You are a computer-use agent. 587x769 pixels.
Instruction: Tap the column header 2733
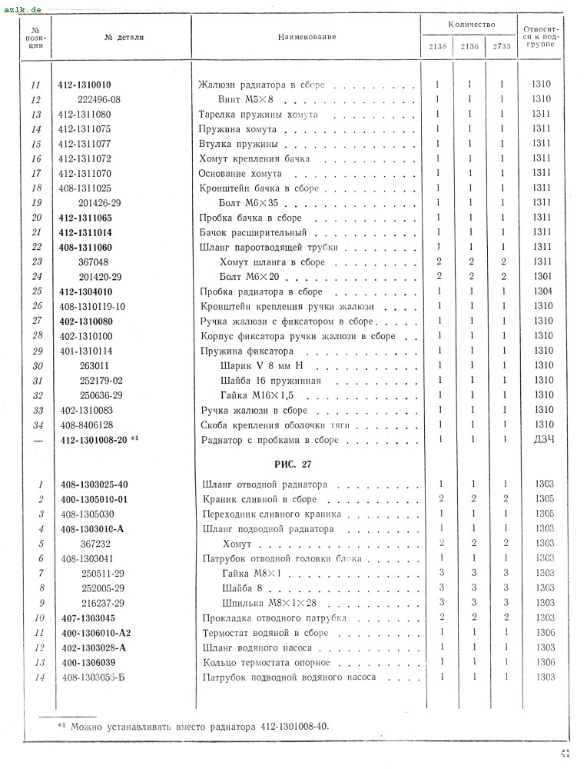click(x=501, y=47)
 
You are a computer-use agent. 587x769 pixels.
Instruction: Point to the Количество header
click(x=469, y=25)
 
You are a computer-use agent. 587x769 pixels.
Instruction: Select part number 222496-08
click(x=100, y=99)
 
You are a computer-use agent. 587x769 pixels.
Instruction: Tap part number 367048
click(x=94, y=262)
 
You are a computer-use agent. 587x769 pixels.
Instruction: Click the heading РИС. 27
click(x=293, y=464)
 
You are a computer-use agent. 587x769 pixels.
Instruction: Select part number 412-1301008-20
click(x=94, y=440)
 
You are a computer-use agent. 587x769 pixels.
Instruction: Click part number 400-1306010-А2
click(x=97, y=633)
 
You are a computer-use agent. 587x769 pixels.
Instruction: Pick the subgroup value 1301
click(x=542, y=277)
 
